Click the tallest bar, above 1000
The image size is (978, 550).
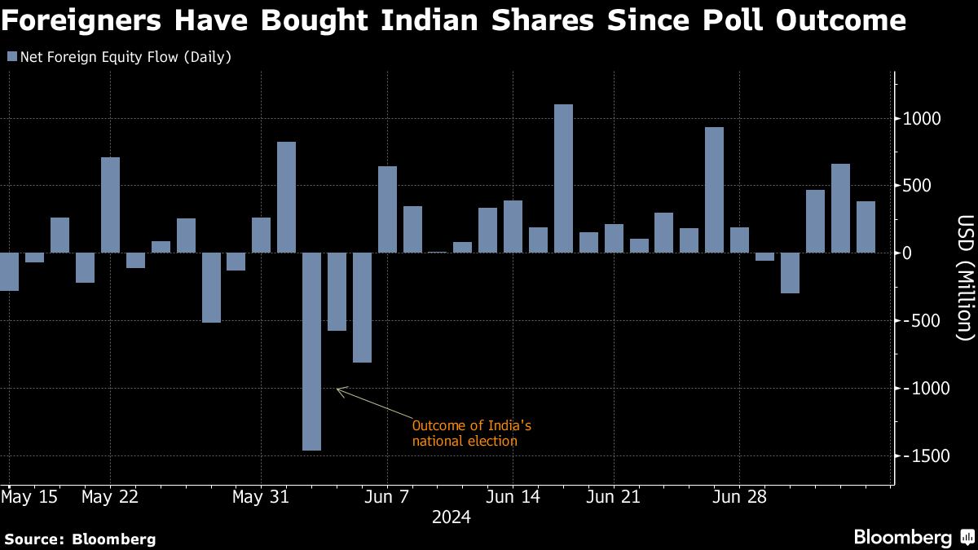[x=563, y=178]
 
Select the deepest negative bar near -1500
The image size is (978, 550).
[x=311, y=350]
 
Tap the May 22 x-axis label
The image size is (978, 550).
[x=110, y=496]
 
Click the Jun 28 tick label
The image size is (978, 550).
[x=739, y=496]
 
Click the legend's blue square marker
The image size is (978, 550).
[x=11, y=57]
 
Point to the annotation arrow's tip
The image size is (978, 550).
[x=337, y=389]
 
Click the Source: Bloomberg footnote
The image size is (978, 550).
[x=80, y=539]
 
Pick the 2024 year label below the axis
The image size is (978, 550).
[x=451, y=517]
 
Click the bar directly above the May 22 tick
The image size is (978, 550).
[x=110, y=205]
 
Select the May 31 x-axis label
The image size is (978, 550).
[x=261, y=496]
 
